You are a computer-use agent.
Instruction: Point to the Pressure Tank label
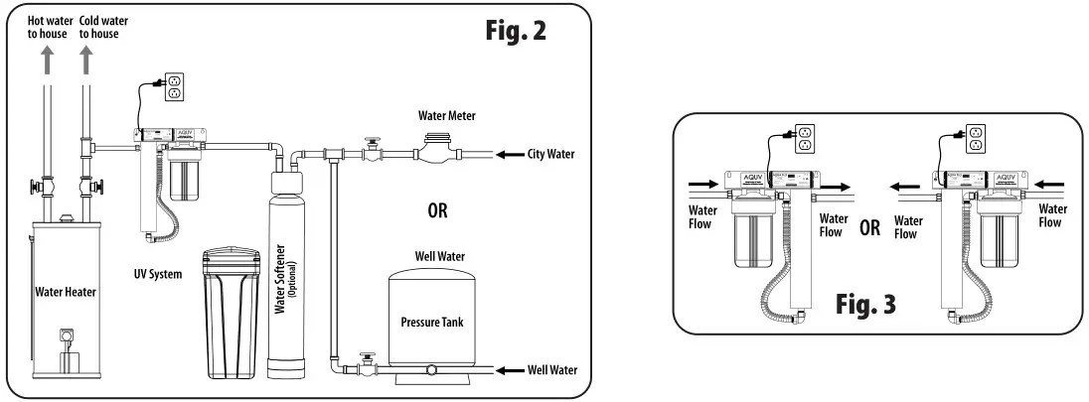[432, 322]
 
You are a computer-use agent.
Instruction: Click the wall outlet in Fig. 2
[174, 86]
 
